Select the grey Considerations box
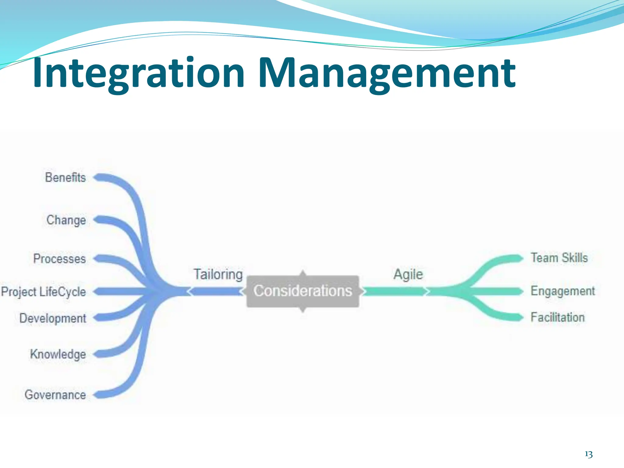coord(303,291)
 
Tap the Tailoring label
coord(218,274)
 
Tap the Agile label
coord(408,274)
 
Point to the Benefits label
coord(66,177)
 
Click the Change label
coord(66,220)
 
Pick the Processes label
coord(60,259)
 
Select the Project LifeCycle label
coord(44,292)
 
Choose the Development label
coord(53,318)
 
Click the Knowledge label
coord(58,354)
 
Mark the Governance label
coord(55,395)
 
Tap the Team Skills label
coord(559,258)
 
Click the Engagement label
coord(562,291)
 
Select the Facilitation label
coord(558,317)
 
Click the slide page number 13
coord(589,454)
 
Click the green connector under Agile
coord(395,292)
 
